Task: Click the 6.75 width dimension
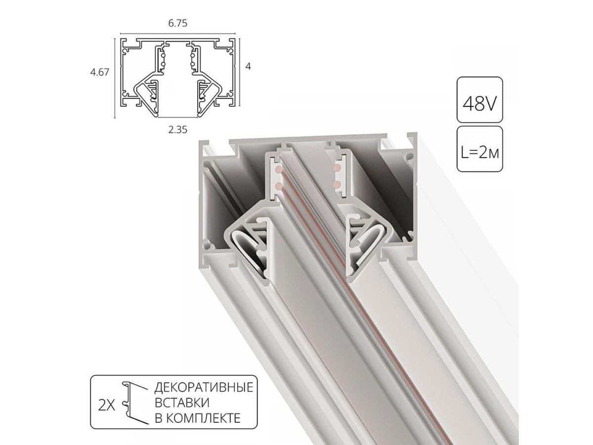(177, 24)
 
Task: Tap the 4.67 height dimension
(100, 72)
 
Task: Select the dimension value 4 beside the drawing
(248, 66)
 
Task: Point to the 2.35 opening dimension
(177, 130)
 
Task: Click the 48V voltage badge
(479, 100)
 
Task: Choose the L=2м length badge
(479, 149)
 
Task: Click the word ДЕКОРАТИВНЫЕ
(204, 387)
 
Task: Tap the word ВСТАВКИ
(182, 402)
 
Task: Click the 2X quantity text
(106, 405)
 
